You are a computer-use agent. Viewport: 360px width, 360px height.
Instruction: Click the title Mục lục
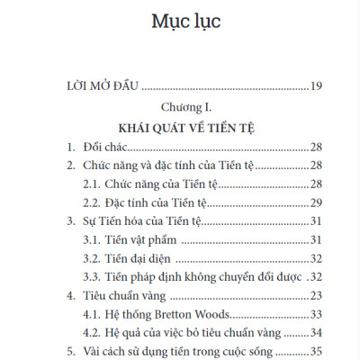click(x=180, y=20)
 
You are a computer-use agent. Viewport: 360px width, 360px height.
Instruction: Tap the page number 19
click(x=314, y=87)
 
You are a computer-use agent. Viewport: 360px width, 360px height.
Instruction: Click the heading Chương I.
click(x=180, y=108)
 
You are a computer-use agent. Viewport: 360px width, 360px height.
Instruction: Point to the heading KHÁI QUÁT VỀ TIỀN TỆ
click(x=180, y=127)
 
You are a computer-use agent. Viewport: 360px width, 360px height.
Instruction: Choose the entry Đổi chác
click(x=107, y=146)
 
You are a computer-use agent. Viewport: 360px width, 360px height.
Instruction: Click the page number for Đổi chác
click(x=315, y=146)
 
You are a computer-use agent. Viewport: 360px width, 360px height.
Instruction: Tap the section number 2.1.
click(x=93, y=184)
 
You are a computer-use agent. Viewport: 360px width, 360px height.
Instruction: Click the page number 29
click(x=315, y=203)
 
